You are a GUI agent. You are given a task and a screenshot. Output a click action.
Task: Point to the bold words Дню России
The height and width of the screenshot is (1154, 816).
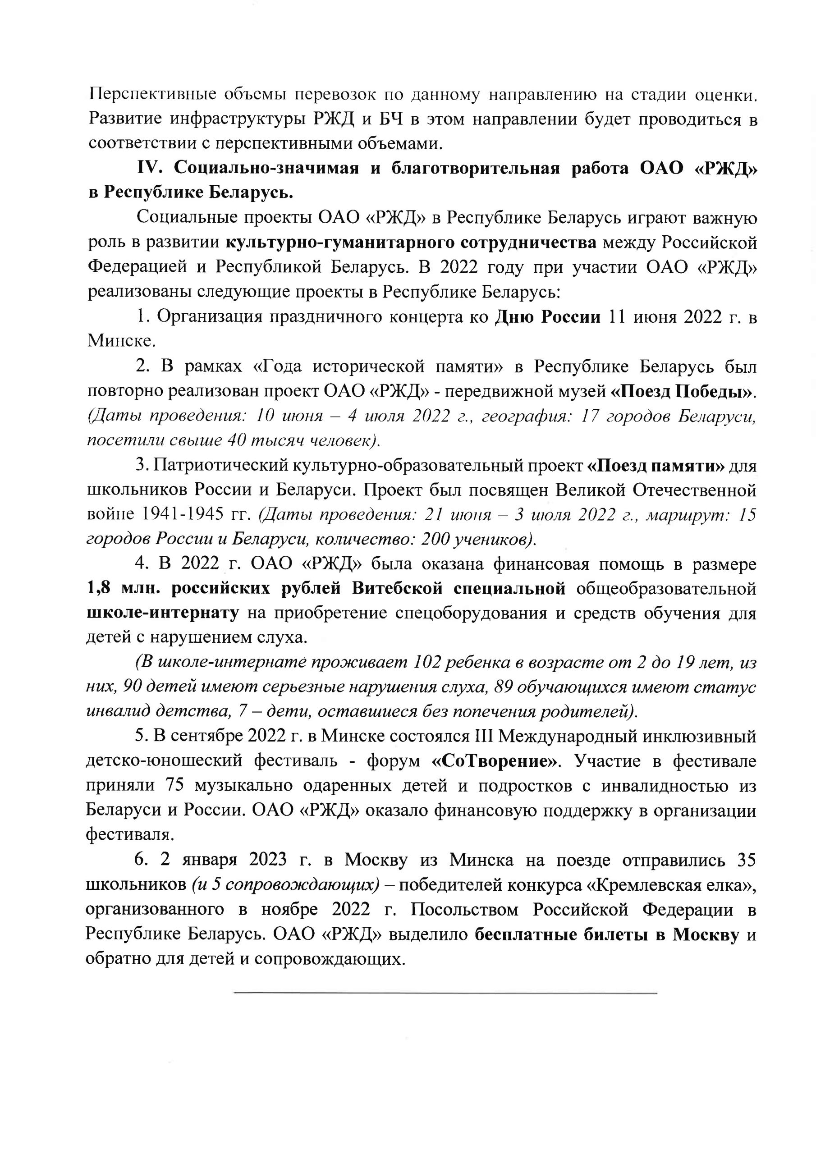pos(548,318)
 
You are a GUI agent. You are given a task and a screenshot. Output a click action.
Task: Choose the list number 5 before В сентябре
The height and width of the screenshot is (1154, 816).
pos(140,737)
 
